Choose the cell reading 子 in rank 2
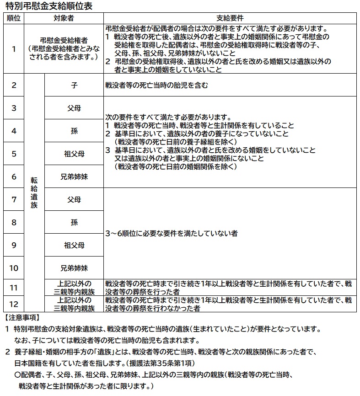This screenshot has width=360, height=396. [74, 85]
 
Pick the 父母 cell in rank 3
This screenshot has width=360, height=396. [74, 108]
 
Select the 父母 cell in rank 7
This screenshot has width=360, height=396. [74, 199]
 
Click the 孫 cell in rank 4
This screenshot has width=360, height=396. [74, 131]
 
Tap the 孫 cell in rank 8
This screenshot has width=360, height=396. [74, 222]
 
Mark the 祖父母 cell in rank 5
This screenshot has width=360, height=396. [74, 154]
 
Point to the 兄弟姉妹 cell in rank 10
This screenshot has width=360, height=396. [74, 268]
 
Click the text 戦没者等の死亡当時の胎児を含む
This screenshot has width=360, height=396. [156, 85]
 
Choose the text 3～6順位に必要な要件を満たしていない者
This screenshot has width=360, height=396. [171, 233]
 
